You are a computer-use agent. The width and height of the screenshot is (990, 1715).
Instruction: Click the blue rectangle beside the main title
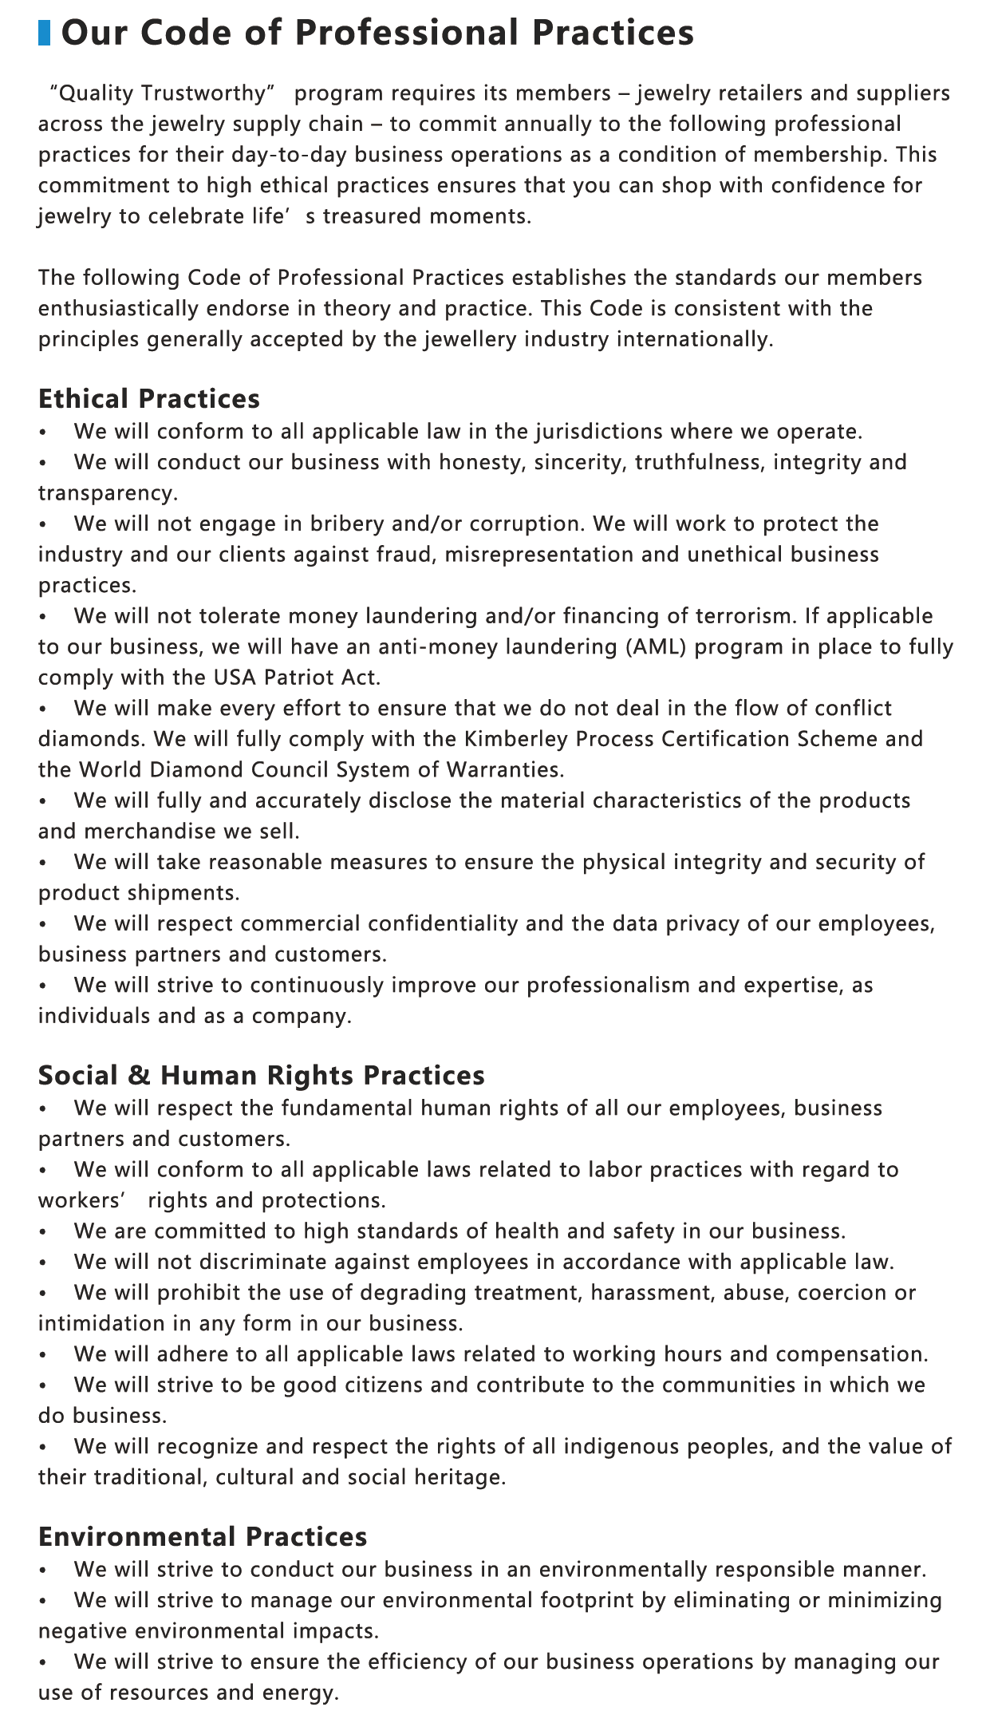[45, 34]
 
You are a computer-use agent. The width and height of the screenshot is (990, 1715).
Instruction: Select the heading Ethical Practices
[149, 398]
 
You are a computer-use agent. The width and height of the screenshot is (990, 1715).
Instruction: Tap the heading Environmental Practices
[203, 1536]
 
